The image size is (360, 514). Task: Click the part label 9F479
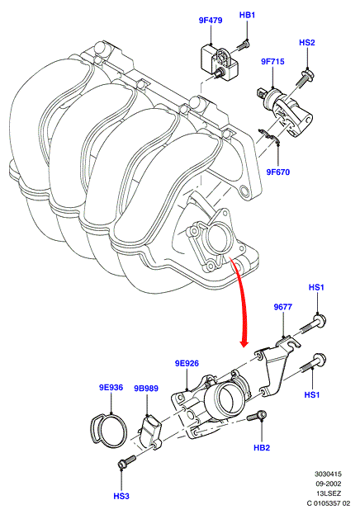pos(211,21)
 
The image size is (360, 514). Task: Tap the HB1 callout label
pos(247,15)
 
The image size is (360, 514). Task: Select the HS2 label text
pos(307,43)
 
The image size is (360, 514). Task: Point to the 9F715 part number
pos(272,62)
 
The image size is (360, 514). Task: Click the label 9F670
pos(278,172)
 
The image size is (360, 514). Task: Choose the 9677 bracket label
pos(283,307)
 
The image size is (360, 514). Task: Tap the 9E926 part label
pos(187,364)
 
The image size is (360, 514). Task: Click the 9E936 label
pos(111,388)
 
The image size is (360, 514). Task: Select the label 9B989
pos(146,389)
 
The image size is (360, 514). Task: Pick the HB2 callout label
pos(262,448)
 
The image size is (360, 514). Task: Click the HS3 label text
pos(121,497)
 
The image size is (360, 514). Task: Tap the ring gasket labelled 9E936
pos(108,430)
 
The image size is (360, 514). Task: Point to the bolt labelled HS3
pos(126,461)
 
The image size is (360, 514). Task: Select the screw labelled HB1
pos(243,45)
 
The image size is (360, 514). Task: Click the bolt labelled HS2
pos(305,77)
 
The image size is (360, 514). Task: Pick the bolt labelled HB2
pos(257,417)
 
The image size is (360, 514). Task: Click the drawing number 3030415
pos(328,474)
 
